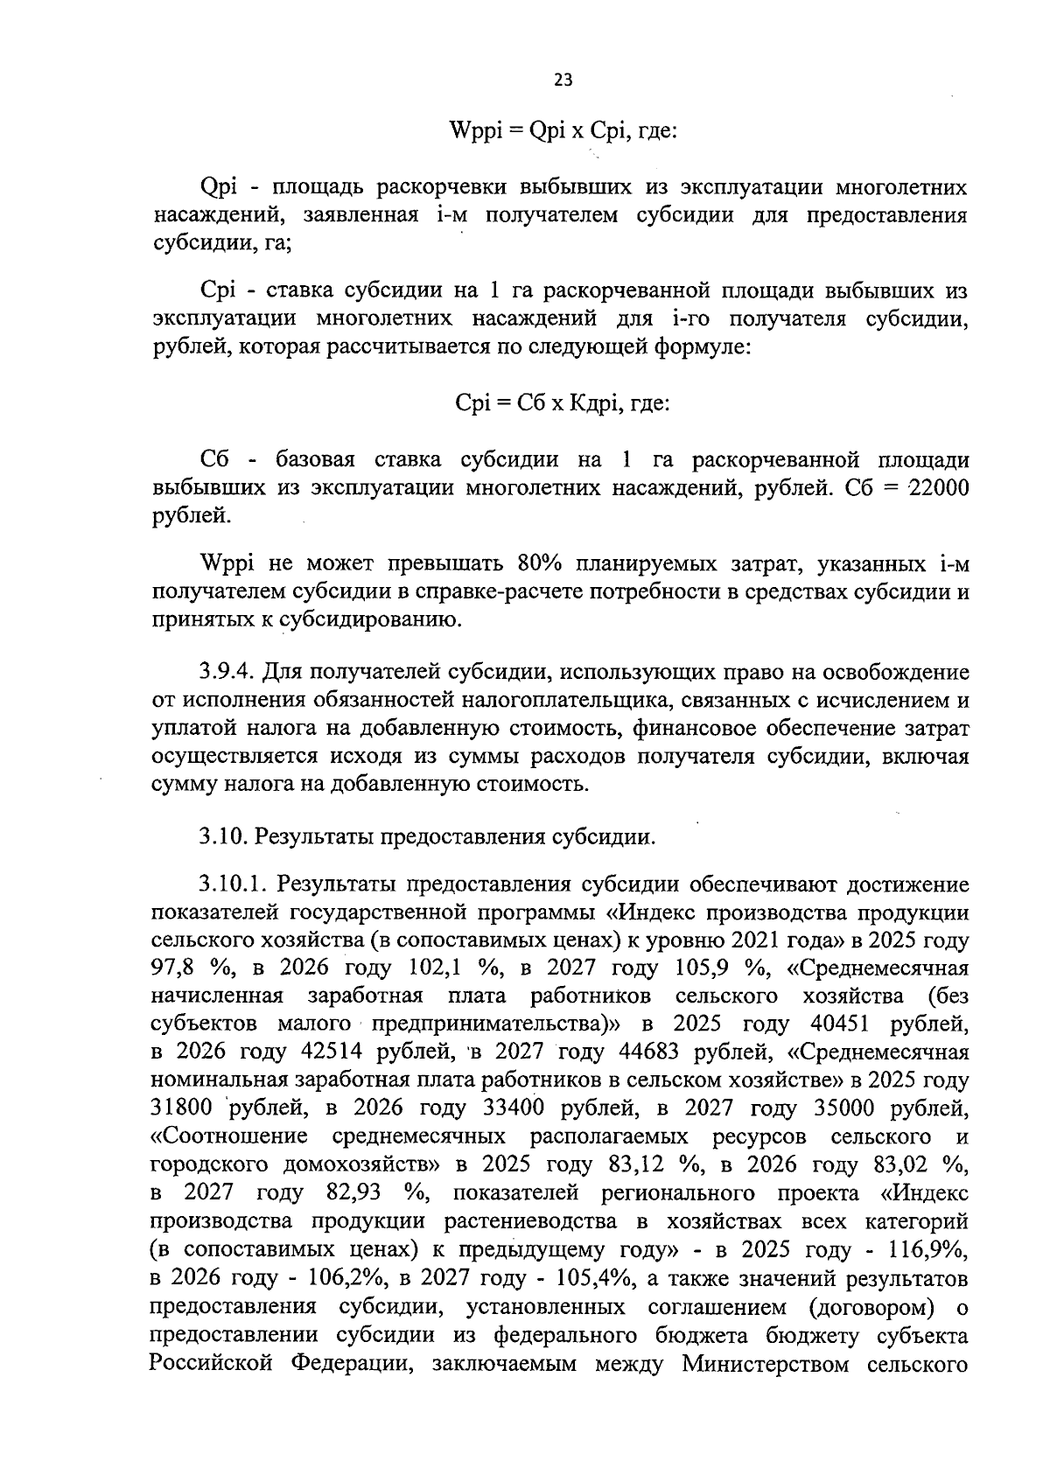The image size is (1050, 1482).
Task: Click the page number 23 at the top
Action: tap(563, 80)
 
